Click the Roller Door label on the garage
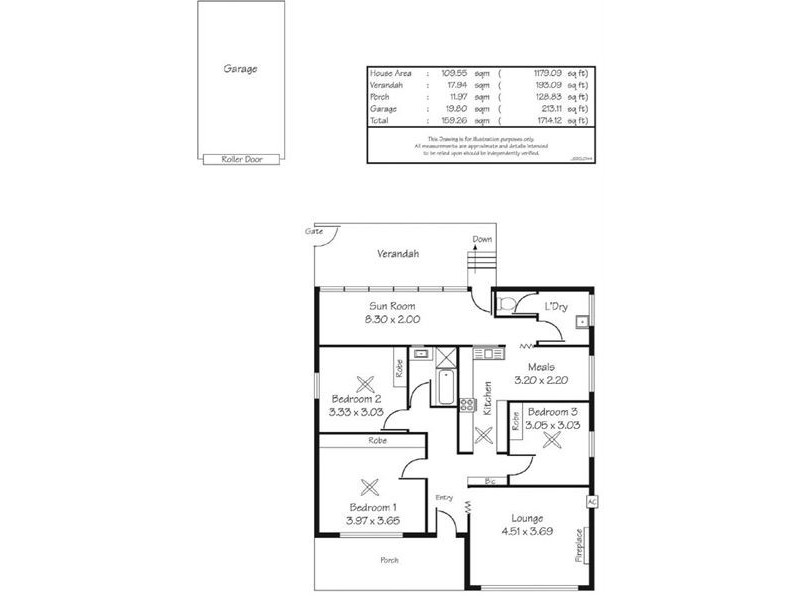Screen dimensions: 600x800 click(240, 159)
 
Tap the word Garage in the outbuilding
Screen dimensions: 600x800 click(240, 70)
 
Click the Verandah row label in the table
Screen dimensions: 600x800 click(386, 85)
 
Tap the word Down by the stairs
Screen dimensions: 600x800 click(483, 239)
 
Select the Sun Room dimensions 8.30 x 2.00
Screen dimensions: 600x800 click(393, 319)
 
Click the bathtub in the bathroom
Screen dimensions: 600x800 click(446, 387)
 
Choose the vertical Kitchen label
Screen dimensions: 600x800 click(488, 398)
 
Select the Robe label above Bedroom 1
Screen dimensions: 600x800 click(377, 440)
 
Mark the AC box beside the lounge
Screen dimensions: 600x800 click(592, 501)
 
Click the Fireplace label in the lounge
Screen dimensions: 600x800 click(578, 546)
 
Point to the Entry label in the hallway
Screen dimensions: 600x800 click(445, 497)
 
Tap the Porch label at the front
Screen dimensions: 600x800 click(389, 560)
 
